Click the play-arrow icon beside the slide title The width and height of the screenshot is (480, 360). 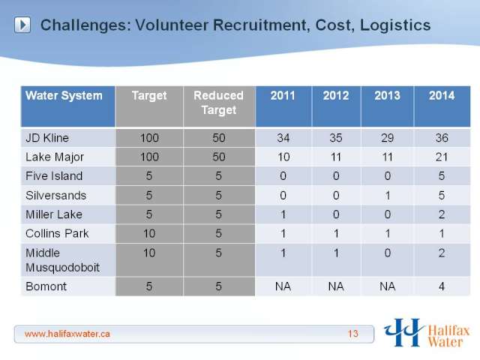click(22, 25)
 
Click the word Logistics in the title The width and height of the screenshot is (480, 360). click(395, 25)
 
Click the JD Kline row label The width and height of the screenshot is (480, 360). click(47, 138)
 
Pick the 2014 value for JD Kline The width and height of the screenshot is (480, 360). click(442, 138)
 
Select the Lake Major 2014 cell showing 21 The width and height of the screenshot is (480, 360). click(442, 157)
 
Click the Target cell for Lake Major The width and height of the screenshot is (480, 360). click(149, 157)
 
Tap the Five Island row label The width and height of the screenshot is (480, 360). click(54, 176)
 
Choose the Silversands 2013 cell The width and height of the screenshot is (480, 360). click(388, 195)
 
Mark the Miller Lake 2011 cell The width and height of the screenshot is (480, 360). click(283, 214)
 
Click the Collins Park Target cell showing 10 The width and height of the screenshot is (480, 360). click(149, 233)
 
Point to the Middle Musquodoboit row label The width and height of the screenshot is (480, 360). click(62, 260)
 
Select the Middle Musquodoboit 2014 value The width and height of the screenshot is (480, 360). click(442, 253)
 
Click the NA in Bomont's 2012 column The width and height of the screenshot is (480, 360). click(336, 286)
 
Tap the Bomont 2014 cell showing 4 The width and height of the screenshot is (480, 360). click(442, 286)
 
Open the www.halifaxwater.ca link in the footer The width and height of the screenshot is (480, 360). click(67, 334)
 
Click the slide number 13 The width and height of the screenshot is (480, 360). click(353, 334)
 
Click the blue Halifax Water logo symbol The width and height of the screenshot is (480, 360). click(403, 332)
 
